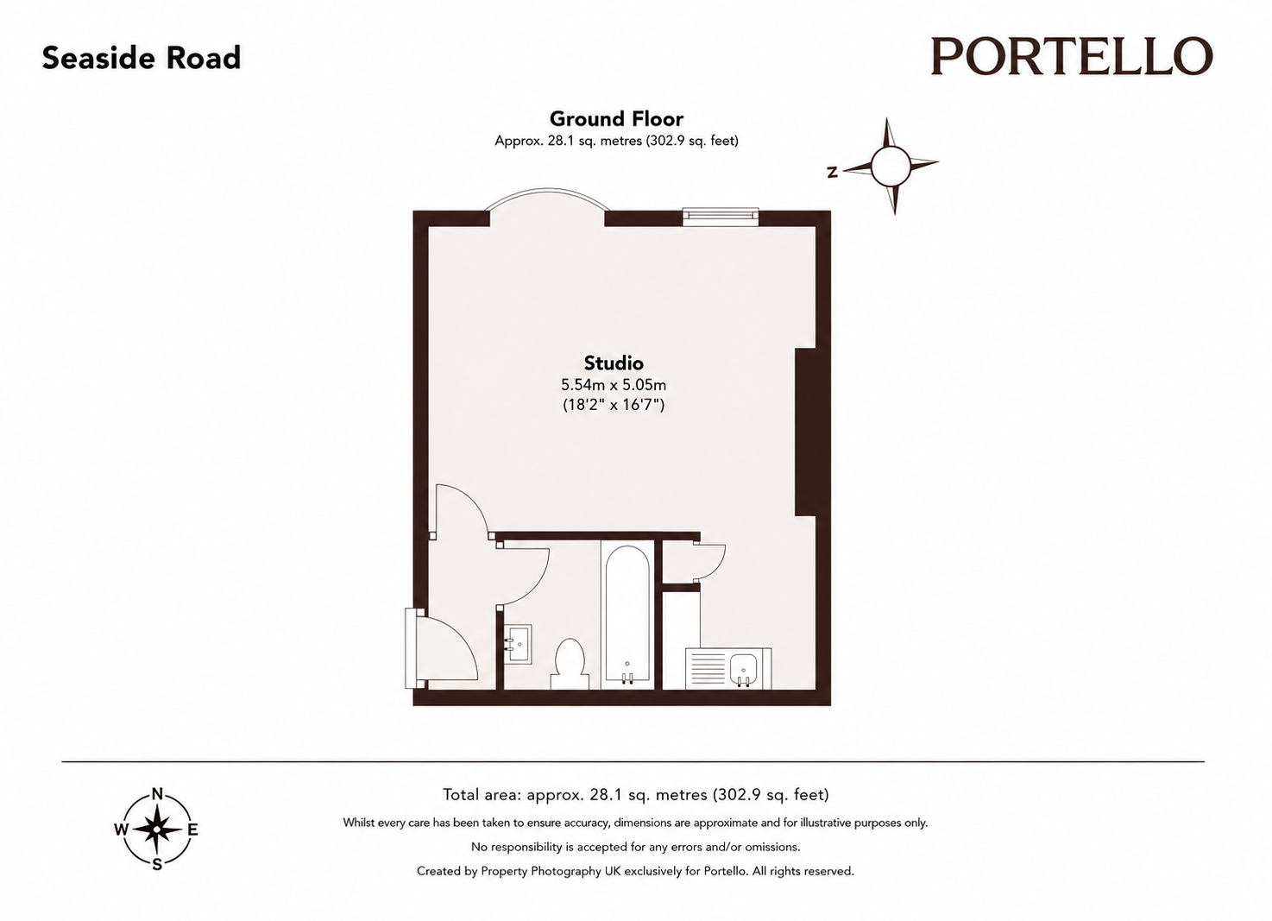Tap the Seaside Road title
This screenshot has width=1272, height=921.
(142, 58)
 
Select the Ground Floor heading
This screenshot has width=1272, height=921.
(616, 119)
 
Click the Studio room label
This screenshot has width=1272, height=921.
(614, 363)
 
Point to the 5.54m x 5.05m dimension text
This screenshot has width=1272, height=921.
(614, 385)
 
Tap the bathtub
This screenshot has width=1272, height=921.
(627, 615)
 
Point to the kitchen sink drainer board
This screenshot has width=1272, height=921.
(707, 668)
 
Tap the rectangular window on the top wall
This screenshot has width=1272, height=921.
(721, 217)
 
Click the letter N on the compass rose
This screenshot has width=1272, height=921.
(157, 794)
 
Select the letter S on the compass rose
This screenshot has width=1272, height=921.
(157, 865)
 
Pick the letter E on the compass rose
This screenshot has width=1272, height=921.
(193, 830)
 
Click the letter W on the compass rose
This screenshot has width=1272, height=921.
(121, 830)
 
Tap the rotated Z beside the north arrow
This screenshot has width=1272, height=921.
(833, 172)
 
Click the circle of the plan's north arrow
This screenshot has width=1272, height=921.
(890, 166)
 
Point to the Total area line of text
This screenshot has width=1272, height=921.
(635, 794)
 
